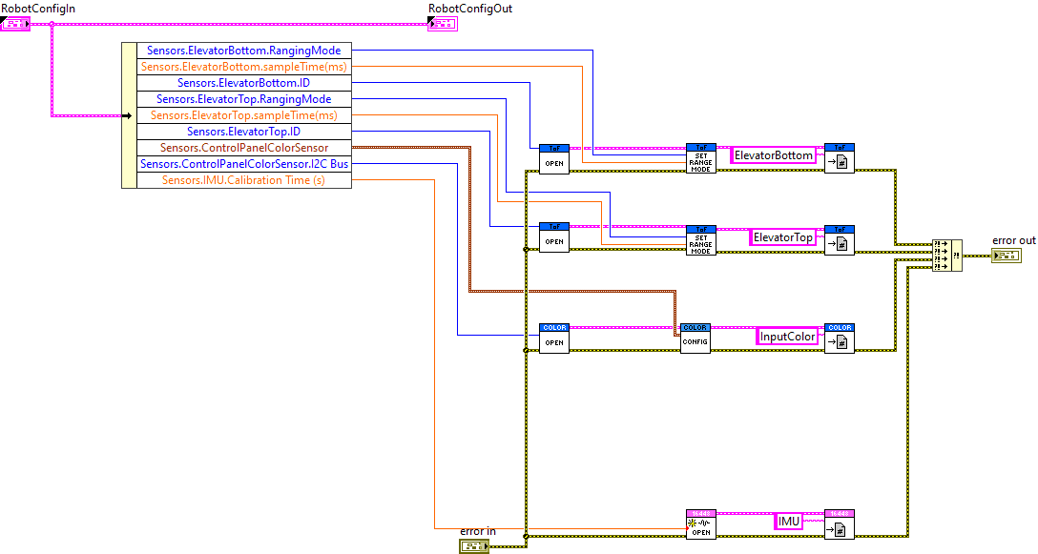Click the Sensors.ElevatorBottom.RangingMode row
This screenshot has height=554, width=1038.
243,51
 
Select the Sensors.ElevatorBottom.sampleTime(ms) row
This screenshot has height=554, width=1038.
243,67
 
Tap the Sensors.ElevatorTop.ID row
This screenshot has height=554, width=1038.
243,132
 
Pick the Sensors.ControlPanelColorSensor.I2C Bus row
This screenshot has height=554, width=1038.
243,164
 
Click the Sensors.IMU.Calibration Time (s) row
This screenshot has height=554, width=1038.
243,180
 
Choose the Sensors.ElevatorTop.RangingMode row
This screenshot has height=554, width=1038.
243,99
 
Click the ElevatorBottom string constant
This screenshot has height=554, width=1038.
773,155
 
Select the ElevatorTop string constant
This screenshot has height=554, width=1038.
782,237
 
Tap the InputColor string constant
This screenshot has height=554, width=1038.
787,337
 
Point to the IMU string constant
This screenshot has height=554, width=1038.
788,522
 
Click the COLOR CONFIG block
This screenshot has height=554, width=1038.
695,339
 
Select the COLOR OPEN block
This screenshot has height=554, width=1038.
554,339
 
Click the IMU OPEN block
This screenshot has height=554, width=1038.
700,523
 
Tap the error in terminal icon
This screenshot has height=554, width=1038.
473,546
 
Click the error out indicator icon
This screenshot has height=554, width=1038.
1006,256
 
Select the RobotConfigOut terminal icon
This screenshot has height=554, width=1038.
442,23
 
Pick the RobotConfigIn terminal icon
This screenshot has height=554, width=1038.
16,23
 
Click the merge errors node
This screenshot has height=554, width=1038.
946,255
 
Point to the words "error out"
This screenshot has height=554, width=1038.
1013,240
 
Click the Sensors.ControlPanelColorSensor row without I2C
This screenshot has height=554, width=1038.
243,148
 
